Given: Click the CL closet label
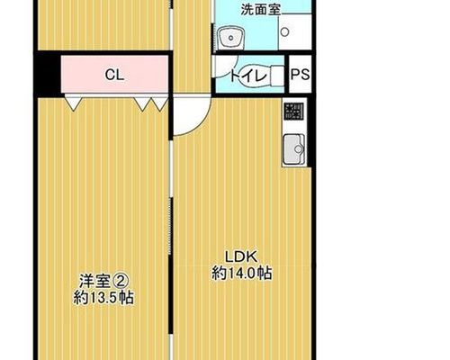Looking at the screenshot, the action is point(114,75).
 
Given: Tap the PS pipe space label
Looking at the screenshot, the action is point(300,75).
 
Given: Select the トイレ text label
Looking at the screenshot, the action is point(248,76).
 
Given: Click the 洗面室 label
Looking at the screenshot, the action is point(261,10).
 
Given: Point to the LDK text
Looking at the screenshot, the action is point(241,256).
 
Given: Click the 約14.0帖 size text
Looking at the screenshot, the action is point(242,274).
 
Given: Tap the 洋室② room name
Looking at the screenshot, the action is point(103,281).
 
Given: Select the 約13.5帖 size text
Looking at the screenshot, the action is point(103,298).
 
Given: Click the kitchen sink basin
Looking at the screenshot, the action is point(293,149).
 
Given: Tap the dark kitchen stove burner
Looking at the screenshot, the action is point(294,112).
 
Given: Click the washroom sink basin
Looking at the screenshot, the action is point(230,38).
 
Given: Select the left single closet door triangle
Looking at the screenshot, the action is point(73,103).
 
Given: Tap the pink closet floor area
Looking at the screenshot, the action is point(114,74).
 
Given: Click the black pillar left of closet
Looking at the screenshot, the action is point(48,74).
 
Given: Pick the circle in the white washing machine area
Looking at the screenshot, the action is point(285,31).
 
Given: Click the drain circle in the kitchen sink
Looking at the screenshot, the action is point(299,148).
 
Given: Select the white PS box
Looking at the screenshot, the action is point(300,74).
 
